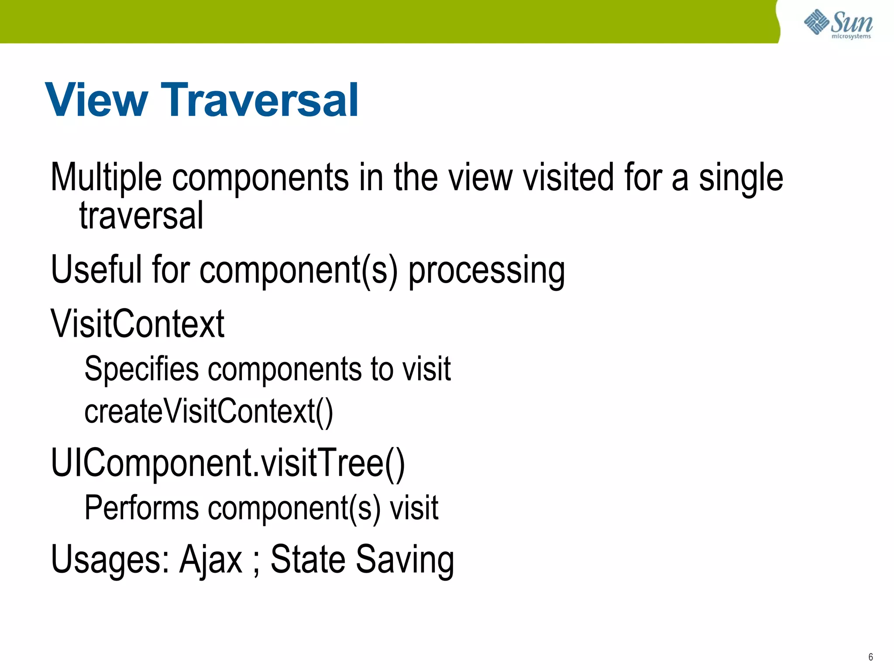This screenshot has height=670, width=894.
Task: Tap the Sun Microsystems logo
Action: point(838,24)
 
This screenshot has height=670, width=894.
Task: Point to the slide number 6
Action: point(870,657)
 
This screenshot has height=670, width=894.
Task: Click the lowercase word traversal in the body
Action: point(141,215)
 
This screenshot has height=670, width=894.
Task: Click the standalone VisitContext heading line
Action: point(138,324)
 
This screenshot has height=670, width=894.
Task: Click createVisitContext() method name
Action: point(208,411)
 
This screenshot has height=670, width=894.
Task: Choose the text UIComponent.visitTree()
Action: point(228,463)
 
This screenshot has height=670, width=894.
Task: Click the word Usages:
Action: point(110,560)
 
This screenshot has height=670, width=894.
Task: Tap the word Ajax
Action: point(210,560)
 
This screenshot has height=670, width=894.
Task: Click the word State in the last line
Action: point(308,559)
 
